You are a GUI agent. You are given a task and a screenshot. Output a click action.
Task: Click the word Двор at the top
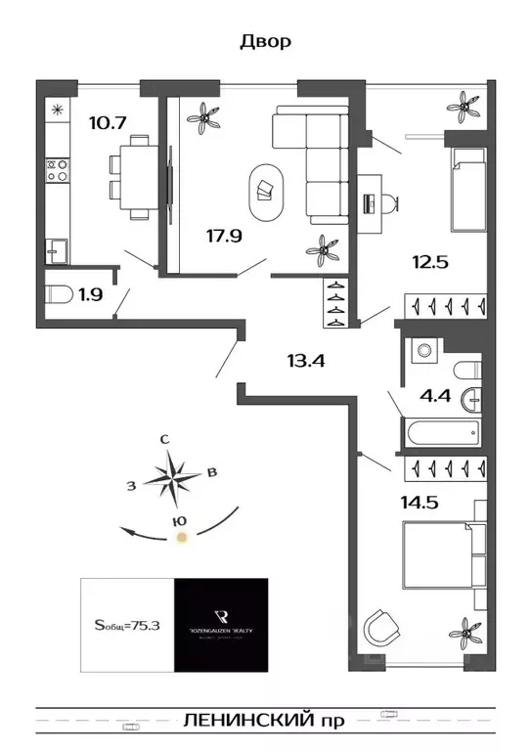tap(265, 42)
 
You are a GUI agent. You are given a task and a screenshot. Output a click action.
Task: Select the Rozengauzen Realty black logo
tap(221, 625)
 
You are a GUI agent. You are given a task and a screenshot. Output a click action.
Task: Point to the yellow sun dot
tap(179, 536)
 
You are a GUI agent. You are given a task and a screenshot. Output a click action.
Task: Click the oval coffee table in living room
tap(265, 186)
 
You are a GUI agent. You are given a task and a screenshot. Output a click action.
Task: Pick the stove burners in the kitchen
tap(57, 172)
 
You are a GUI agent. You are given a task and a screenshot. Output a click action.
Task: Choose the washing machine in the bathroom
tap(425, 347)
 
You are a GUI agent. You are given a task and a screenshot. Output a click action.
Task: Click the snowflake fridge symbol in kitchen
tap(57, 109)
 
